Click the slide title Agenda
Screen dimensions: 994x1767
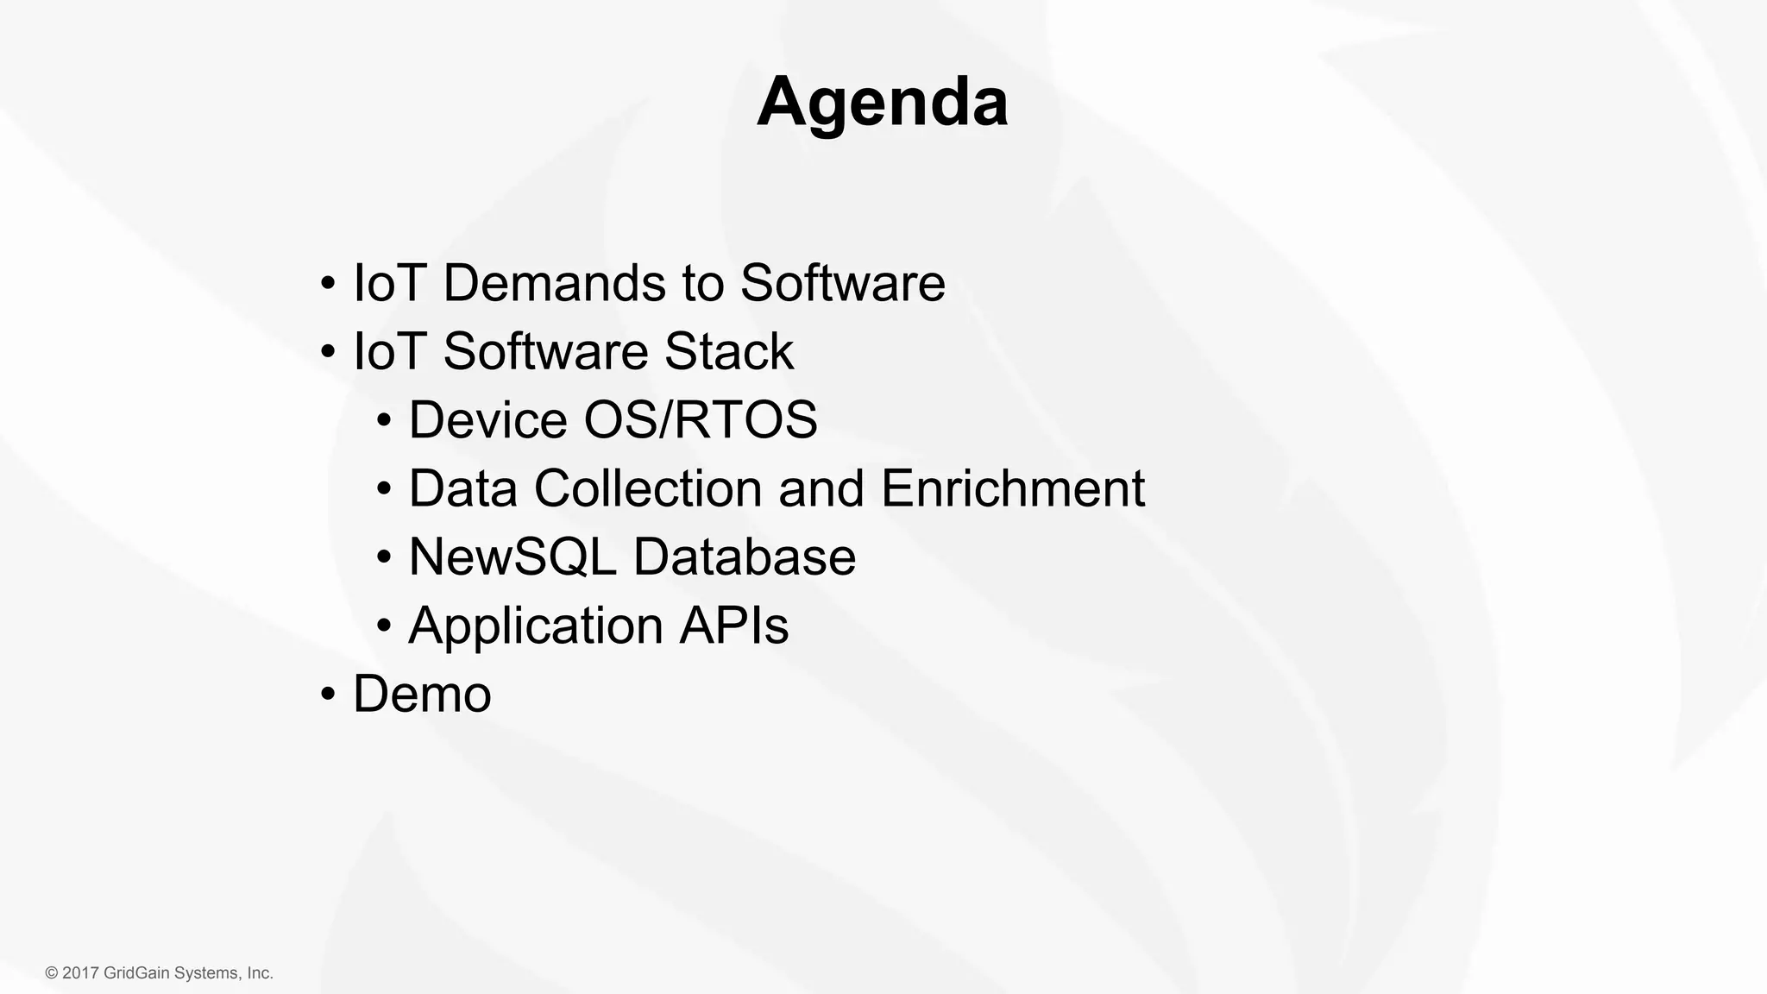click(x=882, y=102)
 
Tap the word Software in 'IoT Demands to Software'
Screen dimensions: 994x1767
click(x=842, y=283)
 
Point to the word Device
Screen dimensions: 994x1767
click(x=487, y=419)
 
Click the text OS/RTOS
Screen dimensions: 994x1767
click(x=701, y=419)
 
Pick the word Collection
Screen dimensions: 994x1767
click(x=648, y=488)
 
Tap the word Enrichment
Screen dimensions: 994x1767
click(x=1012, y=488)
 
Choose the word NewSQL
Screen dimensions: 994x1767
click(x=512, y=557)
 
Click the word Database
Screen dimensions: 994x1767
click(x=744, y=557)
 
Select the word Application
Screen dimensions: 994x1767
click(x=535, y=626)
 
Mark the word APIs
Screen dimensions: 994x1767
click(x=733, y=625)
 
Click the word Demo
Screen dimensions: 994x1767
click(x=422, y=694)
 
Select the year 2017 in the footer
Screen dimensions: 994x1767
click(x=81, y=973)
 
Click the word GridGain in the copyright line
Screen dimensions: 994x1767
click(x=136, y=973)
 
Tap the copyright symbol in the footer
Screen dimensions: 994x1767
click(x=52, y=973)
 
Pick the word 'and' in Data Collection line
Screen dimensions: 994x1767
click(x=821, y=488)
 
